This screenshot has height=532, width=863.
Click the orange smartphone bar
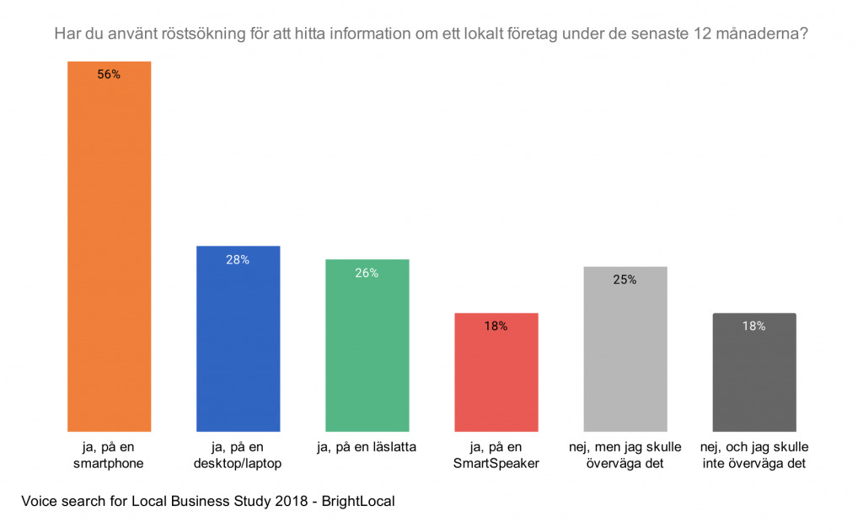pyautogui.click(x=109, y=253)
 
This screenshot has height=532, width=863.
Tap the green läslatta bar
pyautogui.click(x=367, y=349)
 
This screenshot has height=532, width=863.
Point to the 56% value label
pyautogui.click(x=109, y=74)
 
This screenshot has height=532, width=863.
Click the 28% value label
pyautogui.click(x=238, y=259)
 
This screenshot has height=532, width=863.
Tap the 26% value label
pyautogui.click(x=367, y=273)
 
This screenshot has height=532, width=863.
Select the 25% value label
pyautogui.click(x=625, y=279)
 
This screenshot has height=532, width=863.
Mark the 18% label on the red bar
pyautogui.click(x=496, y=326)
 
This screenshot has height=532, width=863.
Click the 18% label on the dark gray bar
pyautogui.click(x=754, y=326)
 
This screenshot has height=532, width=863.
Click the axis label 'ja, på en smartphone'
pyautogui.click(x=109, y=455)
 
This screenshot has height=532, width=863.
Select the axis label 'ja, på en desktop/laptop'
pyautogui.click(x=238, y=455)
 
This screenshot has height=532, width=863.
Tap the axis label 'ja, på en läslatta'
pyautogui.click(x=367, y=446)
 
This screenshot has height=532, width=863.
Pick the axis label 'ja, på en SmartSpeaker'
pyautogui.click(x=496, y=455)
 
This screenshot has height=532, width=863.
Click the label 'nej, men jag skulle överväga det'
pyautogui.click(x=625, y=455)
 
